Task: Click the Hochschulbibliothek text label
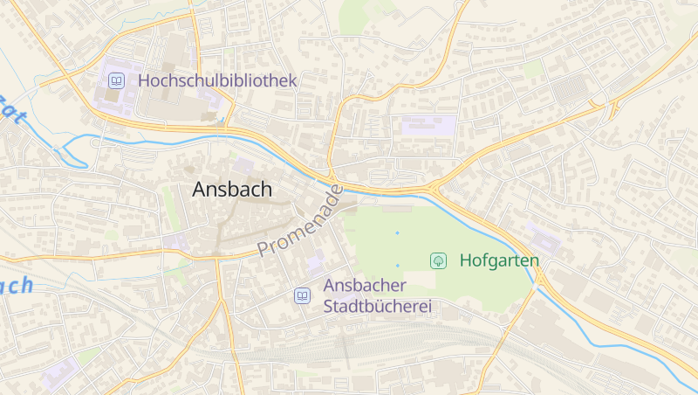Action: pos(217,80)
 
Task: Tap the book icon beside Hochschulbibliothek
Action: pos(116,80)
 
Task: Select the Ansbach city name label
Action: pos(232,189)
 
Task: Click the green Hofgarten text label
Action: pos(499,260)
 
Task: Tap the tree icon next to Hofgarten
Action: pos(439,260)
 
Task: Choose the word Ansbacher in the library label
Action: pos(365,286)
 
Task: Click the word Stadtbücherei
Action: pos(378,307)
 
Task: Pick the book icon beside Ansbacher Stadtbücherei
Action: pos(301,296)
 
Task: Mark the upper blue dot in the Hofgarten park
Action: pos(397,232)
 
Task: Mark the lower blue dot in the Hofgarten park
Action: pos(397,265)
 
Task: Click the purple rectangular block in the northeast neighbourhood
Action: pos(428,126)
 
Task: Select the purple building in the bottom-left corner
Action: pos(59,371)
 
